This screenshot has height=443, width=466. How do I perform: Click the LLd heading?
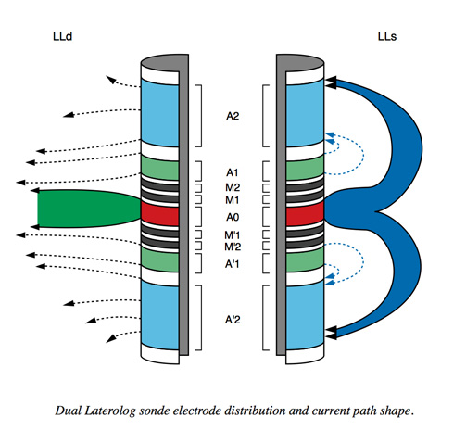click(x=63, y=36)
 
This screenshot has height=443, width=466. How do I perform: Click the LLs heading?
click(x=387, y=36)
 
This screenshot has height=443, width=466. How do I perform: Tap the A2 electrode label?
click(x=233, y=116)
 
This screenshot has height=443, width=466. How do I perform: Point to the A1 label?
click(x=233, y=172)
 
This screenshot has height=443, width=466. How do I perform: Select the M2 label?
click(x=233, y=187)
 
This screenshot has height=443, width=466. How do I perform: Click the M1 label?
click(x=233, y=200)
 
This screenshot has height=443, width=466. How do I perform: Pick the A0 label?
click(x=233, y=218)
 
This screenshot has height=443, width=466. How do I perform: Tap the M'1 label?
click(x=233, y=235)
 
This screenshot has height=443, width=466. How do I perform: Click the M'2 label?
click(x=233, y=247)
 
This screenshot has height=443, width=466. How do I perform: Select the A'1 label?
click(x=232, y=264)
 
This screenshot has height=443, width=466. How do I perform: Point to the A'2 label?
click(x=233, y=320)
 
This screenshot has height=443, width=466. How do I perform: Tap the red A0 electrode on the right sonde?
click(x=305, y=214)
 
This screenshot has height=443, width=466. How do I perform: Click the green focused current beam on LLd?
click(x=88, y=209)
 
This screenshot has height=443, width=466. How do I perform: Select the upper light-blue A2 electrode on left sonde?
click(x=160, y=113)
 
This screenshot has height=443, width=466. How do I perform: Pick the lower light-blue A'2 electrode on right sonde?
click(x=305, y=315)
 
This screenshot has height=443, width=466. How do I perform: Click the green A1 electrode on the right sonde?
click(x=305, y=168)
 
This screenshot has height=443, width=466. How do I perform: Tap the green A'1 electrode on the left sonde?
click(x=160, y=260)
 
